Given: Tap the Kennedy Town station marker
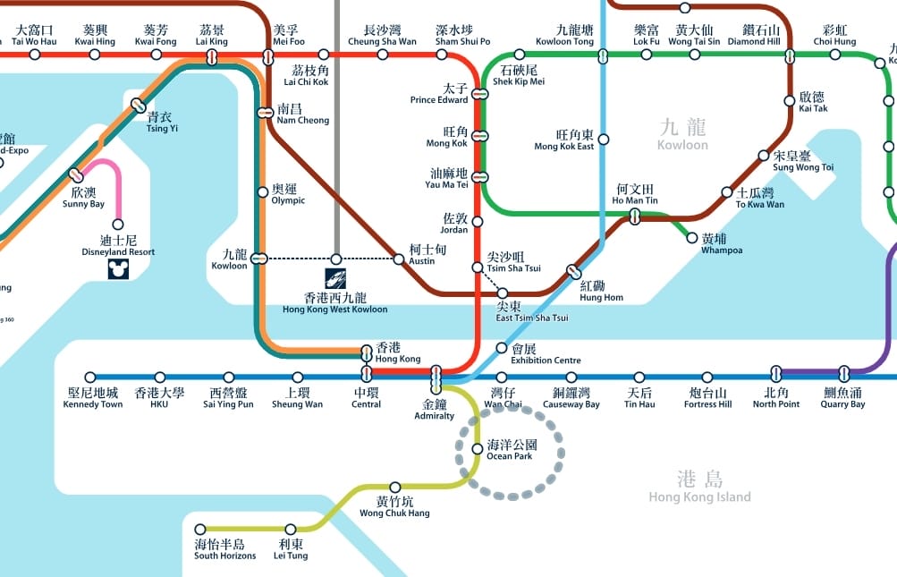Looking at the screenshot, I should [90, 378].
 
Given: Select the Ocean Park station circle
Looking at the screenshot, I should [477, 449].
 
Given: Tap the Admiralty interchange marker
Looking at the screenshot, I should [436, 379].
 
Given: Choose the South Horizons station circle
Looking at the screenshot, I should [200, 530].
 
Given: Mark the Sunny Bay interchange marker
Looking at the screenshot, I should [76, 175].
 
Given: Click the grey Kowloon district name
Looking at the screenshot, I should [682, 135].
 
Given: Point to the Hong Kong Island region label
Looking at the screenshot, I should [700, 488].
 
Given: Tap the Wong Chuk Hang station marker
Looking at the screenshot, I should [395, 488].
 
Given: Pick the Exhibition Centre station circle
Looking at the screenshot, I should [502, 348].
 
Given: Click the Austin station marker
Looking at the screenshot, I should [399, 259].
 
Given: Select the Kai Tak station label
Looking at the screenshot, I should [813, 102].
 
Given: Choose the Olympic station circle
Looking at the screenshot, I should [263, 191].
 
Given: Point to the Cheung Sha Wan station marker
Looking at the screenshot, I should [383, 55].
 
